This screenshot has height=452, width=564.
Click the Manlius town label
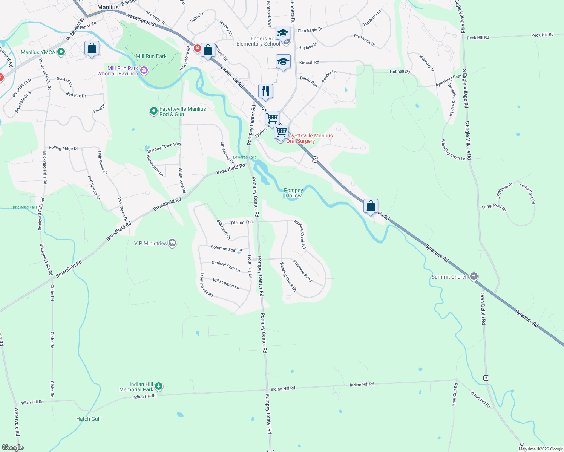coord(108,7)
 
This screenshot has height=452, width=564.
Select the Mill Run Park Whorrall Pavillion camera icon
coord(144,70)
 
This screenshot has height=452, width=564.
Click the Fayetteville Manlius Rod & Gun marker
coord(153,111)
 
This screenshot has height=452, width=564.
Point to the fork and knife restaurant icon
coord(265,91)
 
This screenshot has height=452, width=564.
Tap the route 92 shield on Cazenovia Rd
coord(315,159)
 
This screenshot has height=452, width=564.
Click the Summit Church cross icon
coord(474,276)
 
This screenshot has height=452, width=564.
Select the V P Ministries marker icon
coord(172,243)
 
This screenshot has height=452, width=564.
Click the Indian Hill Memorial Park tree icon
coord(159,386)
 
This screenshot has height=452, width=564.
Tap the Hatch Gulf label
coord(89,419)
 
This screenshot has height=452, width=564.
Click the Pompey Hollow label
coord(293,193)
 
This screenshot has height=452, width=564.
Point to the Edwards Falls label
coord(245,157)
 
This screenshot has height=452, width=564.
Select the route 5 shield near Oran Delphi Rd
coord(486,377)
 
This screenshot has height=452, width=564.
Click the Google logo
coord(13,447)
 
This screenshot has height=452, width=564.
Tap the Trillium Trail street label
coord(242,222)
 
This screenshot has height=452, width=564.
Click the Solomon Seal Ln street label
coord(226,249)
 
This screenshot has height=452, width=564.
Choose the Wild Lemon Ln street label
coord(226,283)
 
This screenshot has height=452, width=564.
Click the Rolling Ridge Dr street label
coord(63,148)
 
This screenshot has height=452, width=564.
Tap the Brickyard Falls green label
coord(25,207)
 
